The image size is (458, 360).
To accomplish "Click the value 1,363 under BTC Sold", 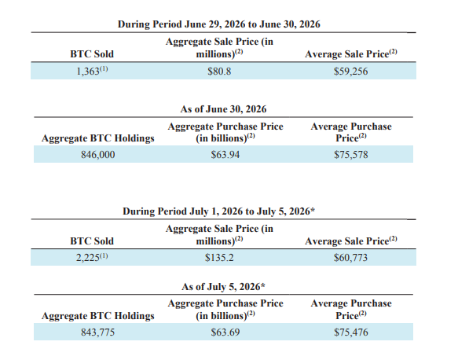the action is click(x=88, y=72).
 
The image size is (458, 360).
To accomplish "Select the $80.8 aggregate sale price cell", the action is click(x=219, y=72).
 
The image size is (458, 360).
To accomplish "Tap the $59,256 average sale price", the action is click(x=351, y=72).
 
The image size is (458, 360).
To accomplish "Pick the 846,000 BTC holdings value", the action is click(x=98, y=155).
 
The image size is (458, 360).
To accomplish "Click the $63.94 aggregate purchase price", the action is click(x=225, y=155).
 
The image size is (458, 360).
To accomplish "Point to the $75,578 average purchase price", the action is click(x=351, y=155).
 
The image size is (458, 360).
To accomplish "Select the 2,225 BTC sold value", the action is click(x=88, y=258).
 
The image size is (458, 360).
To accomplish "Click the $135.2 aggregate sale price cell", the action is click(x=219, y=258).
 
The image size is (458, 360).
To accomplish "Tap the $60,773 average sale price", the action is click(x=351, y=258).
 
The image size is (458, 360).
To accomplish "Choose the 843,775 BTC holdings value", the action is click(x=98, y=332).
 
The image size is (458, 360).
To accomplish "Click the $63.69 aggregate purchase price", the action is click(x=225, y=332).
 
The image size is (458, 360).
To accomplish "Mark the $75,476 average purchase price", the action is click(x=351, y=332).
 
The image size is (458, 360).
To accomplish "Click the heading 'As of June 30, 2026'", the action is click(x=223, y=109).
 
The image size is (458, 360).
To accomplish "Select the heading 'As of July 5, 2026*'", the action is click(x=223, y=287).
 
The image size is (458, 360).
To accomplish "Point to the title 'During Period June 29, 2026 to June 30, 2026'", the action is click(x=219, y=24).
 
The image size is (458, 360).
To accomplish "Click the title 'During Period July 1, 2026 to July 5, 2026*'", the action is click(x=219, y=211).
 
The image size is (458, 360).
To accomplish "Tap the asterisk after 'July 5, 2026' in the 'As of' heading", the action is click(x=263, y=285).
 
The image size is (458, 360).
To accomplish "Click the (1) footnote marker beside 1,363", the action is click(x=104, y=69).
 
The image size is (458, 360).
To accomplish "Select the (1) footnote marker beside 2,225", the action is click(x=104, y=256).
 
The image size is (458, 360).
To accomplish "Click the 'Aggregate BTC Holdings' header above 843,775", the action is click(x=98, y=316).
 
